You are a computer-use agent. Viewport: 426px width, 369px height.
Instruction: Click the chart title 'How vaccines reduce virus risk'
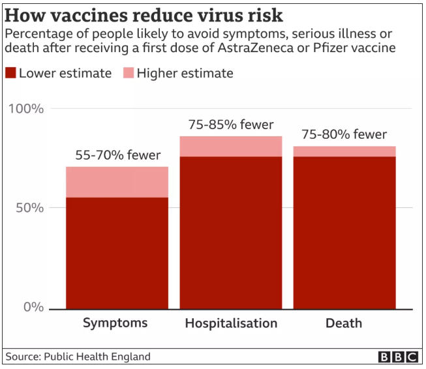click(x=144, y=14)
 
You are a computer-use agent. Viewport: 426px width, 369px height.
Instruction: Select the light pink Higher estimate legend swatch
click(x=128, y=73)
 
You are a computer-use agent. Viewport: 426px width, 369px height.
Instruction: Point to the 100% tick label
click(x=26, y=108)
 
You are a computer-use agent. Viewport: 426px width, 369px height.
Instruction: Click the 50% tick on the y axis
click(x=29, y=208)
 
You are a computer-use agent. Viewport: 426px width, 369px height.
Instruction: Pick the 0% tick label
click(x=33, y=307)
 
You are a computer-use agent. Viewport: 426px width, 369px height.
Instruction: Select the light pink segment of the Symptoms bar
click(x=117, y=182)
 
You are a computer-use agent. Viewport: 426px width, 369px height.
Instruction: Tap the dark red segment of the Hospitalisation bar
click(x=231, y=233)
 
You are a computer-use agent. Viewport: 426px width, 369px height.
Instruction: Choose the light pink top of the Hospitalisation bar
click(x=231, y=146)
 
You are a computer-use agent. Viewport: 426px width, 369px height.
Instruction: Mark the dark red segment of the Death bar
click(x=344, y=233)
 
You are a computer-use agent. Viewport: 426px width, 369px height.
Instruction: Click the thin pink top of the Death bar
click(x=344, y=151)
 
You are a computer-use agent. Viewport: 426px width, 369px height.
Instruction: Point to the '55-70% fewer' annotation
click(x=117, y=155)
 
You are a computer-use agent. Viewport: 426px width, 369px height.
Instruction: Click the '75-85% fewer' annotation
click(x=231, y=125)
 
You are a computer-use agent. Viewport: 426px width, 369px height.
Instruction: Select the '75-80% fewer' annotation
click(x=344, y=135)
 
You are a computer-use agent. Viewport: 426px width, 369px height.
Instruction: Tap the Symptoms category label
click(x=116, y=323)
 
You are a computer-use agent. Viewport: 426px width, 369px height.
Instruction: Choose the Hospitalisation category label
click(x=231, y=323)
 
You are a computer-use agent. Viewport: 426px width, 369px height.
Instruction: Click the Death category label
click(x=344, y=323)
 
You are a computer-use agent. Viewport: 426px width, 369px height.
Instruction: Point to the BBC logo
click(x=397, y=357)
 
